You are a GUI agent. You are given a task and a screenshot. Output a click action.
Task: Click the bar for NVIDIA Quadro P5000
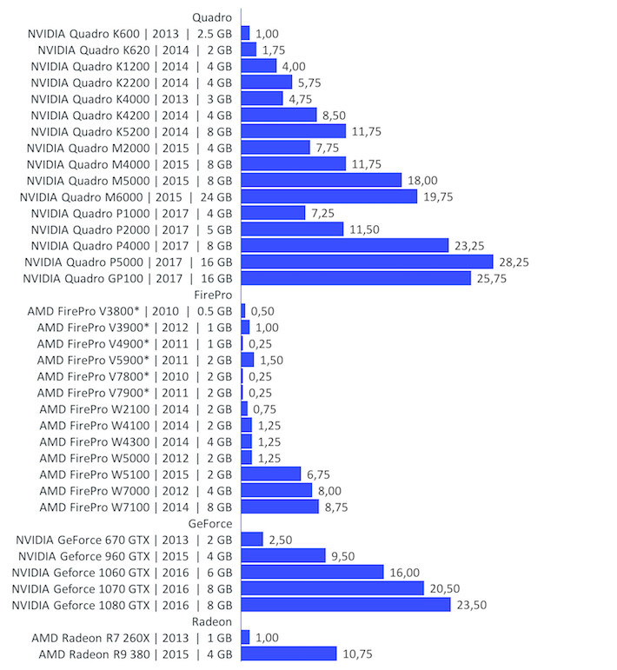tap(367, 262)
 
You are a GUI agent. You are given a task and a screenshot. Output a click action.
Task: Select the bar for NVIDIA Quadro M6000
tap(328, 196)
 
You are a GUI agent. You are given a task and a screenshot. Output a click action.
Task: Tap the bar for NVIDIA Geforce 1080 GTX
tap(345, 604)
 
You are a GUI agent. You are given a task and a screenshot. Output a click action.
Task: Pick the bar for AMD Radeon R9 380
tap(289, 653)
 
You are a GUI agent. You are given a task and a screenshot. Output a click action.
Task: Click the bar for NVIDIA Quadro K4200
tap(278, 115)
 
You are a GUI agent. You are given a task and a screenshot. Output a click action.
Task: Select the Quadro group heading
tap(211, 17)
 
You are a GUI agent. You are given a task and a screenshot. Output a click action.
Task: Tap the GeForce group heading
tap(209, 523)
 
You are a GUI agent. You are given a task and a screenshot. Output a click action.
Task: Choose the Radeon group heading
tap(211, 621)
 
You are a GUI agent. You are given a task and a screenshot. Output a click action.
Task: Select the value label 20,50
tap(445, 588)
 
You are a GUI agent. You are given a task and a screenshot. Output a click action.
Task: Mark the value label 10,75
tap(358, 653)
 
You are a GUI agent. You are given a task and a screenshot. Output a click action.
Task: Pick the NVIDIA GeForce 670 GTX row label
tap(124, 540)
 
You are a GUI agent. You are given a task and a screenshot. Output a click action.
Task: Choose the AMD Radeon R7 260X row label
tap(132, 638)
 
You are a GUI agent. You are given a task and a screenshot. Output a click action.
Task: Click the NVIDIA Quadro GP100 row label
tap(129, 278)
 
